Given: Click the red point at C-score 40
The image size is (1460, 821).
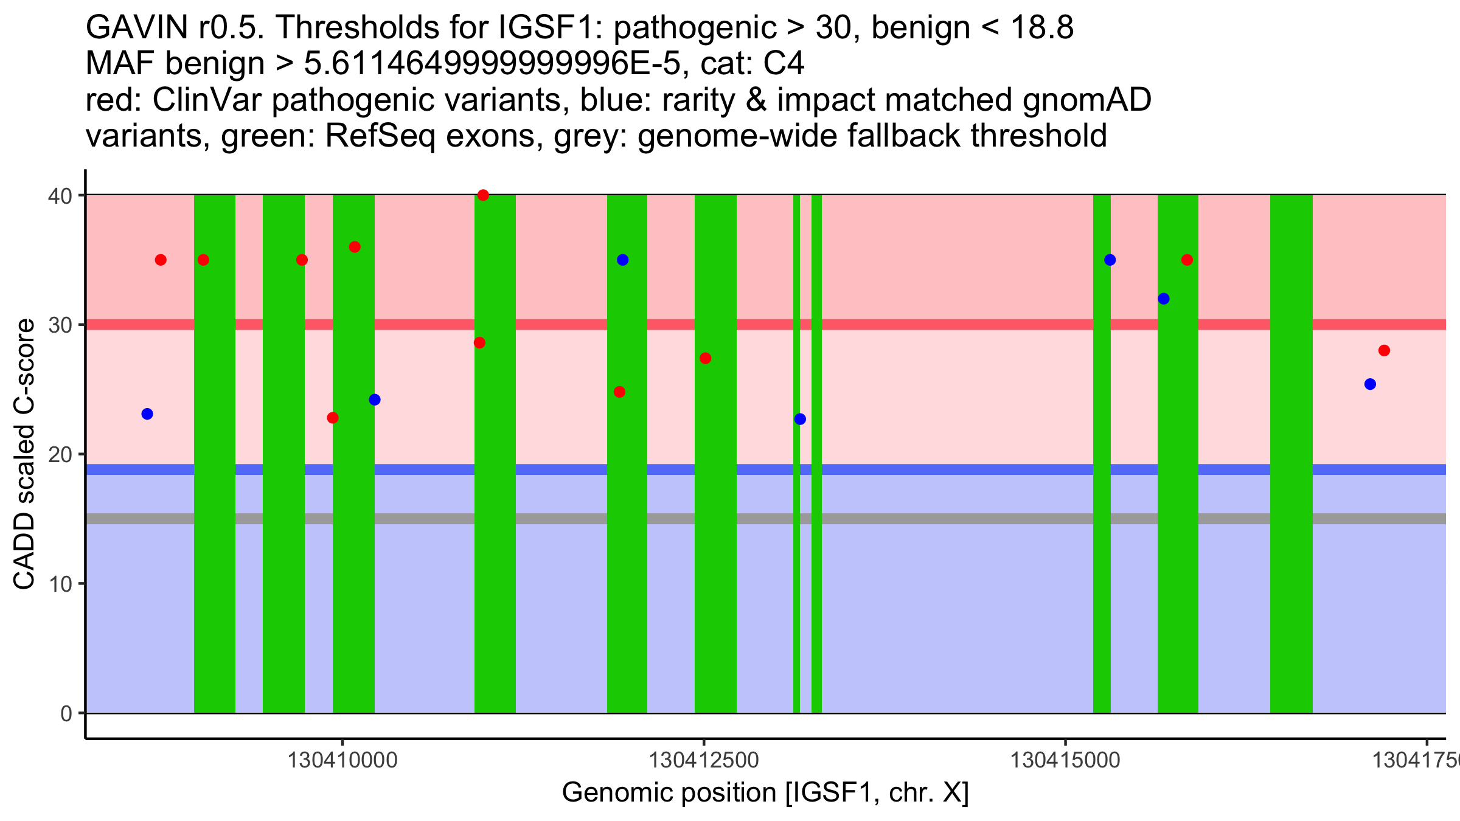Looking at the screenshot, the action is [x=483, y=195].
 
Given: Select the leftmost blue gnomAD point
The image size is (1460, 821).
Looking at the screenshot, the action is [x=147, y=414].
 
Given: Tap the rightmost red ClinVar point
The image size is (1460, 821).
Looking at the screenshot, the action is [x=1384, y=350].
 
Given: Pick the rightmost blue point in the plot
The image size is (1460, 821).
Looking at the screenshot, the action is [x=1370, y=384].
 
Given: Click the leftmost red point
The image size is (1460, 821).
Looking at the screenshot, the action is [x=161, y=260].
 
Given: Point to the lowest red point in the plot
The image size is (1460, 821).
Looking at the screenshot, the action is [x=333, y=418].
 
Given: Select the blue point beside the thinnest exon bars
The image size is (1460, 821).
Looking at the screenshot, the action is [x=800, y=419].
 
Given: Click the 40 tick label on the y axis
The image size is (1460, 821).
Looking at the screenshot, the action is [x=61, y=196].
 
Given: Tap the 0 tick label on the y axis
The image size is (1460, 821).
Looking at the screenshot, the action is [x=66, y=713].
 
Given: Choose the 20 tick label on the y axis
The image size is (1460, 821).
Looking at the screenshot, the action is [x=61, y=454].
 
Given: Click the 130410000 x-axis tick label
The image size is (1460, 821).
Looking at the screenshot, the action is [x=342, y=760].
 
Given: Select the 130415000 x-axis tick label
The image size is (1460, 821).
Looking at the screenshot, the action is [x=1065, y=760].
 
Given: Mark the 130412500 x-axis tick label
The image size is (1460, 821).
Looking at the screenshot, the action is [x=704, y=760].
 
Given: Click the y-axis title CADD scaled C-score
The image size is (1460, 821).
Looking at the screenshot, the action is [x=24, y=454].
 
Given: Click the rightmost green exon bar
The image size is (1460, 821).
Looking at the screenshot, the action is [x=1291, y=454].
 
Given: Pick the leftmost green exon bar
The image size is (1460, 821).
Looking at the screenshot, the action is [x=215, y=454].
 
